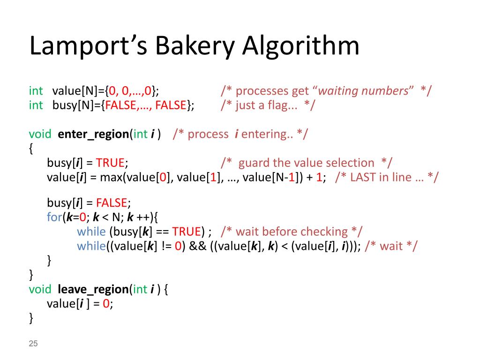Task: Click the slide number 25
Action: [33, 344]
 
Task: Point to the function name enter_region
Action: [93, 134]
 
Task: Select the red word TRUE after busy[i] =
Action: [110, 163]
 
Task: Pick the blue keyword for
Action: [54, 217]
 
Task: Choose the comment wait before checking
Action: [292, 232]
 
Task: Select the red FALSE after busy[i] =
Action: [112, 203]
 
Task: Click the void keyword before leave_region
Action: [40, 289]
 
